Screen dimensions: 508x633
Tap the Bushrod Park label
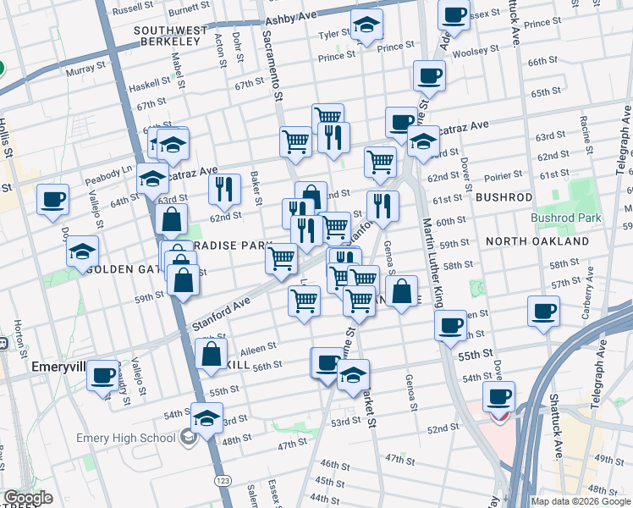565,218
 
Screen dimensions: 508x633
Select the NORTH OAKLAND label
537,241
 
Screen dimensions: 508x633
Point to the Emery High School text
126,438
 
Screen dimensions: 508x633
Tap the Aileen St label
259,347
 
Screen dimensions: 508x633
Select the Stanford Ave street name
221,312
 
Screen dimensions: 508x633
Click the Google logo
28,498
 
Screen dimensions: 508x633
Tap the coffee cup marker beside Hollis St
53,200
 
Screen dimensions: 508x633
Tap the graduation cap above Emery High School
206,417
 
